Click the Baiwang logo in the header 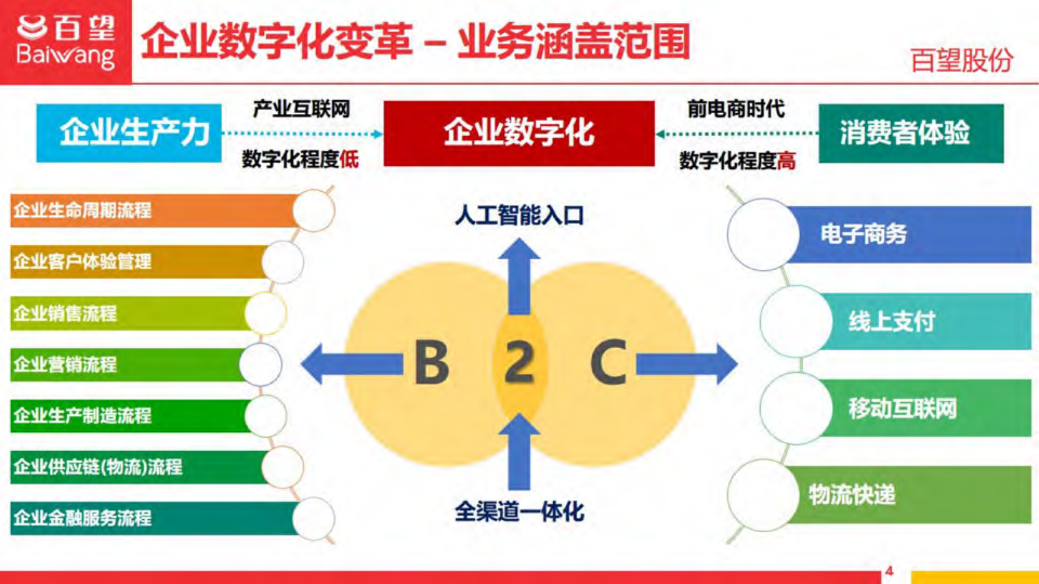tap(65, 41)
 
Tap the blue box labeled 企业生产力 tap(129, 133)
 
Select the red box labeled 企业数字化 tap(519, 133)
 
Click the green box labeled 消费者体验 tap(911, 133)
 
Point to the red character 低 tap(349, 159)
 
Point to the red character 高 tap(786, 160)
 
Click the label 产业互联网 tap(301, 109)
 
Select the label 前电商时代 tap(736, 109)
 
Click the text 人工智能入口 tap(519, 215)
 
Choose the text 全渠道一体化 tap(519, 511)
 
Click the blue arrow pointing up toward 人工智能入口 tap(519, 275)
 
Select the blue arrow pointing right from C tap(687, 363)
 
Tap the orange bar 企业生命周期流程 tap(151, 210)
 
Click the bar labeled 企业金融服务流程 tap(151, 518)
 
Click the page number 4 tap(888, 571)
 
